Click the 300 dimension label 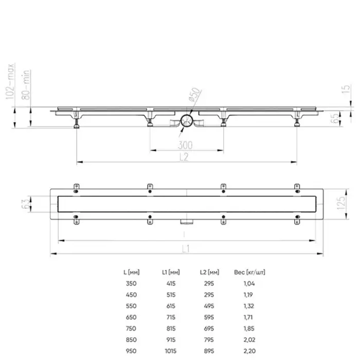point(186,146)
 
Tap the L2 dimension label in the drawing point(186,157)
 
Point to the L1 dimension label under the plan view point(186,249)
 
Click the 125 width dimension point(340,205)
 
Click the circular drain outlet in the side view point(187,121)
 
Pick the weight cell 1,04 point(248,283)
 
